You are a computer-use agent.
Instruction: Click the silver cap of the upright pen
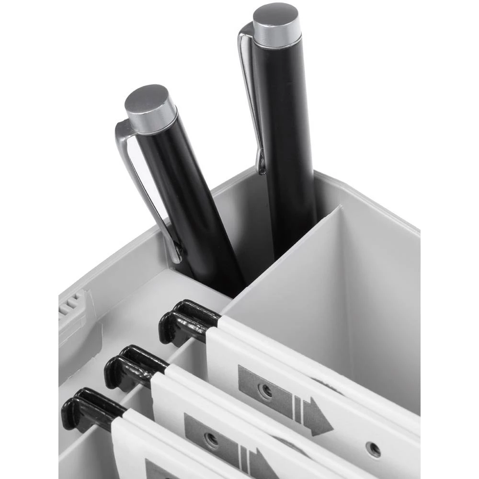coord(277,25)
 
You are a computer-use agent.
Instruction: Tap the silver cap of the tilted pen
coord(150,109)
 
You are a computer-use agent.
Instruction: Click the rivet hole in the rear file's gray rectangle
coord(265,390)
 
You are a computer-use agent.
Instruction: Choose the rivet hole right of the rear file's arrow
coord(373,449)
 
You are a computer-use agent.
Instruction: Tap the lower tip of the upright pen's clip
coord(261,168)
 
